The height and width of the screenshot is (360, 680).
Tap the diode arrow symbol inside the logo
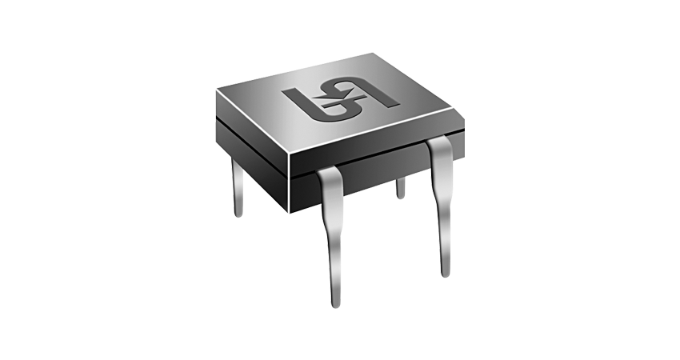(x=341, y=102)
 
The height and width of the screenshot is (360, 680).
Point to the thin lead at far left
(x=237, y=188)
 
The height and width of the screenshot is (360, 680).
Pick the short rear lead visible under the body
(x=400, y=188)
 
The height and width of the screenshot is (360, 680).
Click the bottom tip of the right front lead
(x=445, y=274)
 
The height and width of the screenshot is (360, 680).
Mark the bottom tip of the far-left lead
(x=238, y=214)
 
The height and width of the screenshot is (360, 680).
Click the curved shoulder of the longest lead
(x=328, y=178)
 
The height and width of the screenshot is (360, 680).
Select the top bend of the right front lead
(x=438, y=146)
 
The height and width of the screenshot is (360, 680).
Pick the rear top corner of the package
(x=374, y=54)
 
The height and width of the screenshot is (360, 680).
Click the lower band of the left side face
(x=252, y=172)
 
